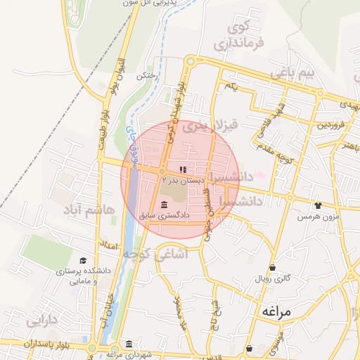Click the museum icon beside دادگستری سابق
click(164, 205)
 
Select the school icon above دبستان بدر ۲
click(184, 169)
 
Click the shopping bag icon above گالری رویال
click(272, 267)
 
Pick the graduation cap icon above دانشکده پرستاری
click(83, 261)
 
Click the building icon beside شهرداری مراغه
click(128, 344)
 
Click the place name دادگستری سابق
click(189, 205)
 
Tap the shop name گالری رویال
click(272, 279)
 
